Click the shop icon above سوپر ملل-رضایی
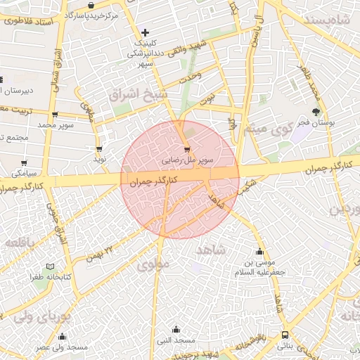[x=186, y=149]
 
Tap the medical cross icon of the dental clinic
[x=145, y=32]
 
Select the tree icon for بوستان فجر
[x=316, y=112]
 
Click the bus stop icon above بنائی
[x=284, y=335]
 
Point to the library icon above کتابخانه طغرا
[x=49, y=267]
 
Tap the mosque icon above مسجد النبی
[x=176, y=329]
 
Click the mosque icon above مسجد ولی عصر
[x=62, y=337]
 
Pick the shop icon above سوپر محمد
[x=54, y=115]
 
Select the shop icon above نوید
[x=99, y=149]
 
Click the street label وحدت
[x=191, y=75]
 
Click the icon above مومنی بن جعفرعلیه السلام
[x=260, y=252]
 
